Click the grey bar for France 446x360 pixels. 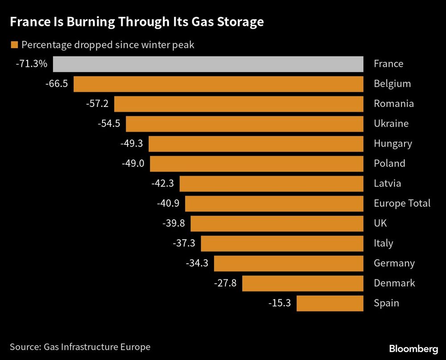(x=207, y=64)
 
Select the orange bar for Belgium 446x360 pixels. (x=218, y=84)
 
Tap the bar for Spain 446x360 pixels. (x=330, y=303)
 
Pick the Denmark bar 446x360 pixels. (x=302, y=283)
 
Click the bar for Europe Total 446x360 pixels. (x=274, y=204)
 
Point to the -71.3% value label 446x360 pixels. (x=31, y=64)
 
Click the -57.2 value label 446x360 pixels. (x=97, y=104)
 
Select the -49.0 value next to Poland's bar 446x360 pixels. (x=133, y=164)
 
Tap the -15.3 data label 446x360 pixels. (x=280, y=303)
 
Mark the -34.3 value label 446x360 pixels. (x=197, y=263)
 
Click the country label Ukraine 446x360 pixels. (x=391, y=124)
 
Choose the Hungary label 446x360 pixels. (x=392, y=144)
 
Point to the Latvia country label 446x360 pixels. (x=387, y=184)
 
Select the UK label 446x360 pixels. (x=380, y=223)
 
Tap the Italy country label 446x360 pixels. (x=383, y=243)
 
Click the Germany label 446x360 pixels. (x=394, y=263)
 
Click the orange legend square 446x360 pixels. (x=14, y=45)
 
